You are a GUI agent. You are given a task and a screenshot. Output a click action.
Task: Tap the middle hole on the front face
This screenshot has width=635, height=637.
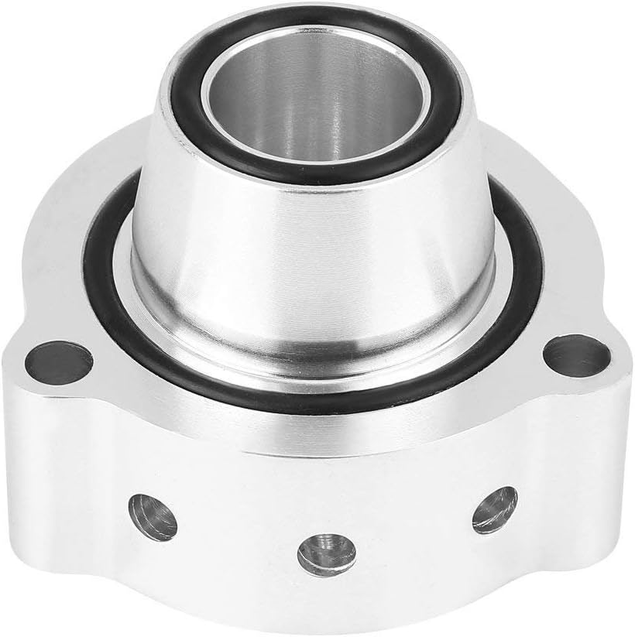[x=326, y=552]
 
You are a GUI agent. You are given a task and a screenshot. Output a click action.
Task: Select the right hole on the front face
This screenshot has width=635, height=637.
[x=494, y=509]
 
